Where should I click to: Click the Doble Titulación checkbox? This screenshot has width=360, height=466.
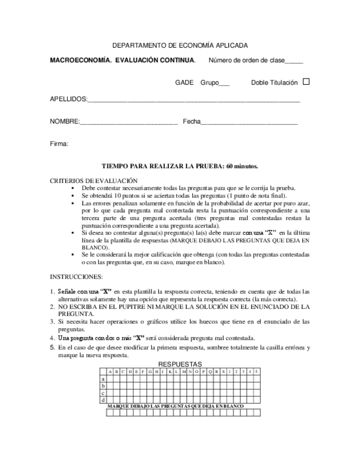pyautogui.click(x=306, y=82)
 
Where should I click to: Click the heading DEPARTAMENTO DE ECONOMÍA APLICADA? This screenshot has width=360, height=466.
pyautogui.click(x=180, y=46)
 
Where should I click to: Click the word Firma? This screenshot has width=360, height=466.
pyautogui.click(x=59, y=143)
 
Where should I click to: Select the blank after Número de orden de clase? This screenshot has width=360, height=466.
pyautogui.click(x=293, y=62)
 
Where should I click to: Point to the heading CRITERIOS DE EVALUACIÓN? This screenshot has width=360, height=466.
pyautogui.click(x=93, y=180)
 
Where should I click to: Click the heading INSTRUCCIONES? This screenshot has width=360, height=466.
pyautogui.click(x=76, y=276)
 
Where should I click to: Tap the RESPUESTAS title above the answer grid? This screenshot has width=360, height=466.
pyautogui.click(x=180, y=364)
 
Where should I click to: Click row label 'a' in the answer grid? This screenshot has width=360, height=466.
pyautogui.click(x=103, y=379)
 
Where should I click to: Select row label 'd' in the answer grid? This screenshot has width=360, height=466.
pyautogui.click(x=103, y=400)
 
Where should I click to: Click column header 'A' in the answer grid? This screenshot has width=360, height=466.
pyautogui.click(x=110, y=372)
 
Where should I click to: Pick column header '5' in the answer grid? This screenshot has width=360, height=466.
pyautogui.click(x=256, y=372)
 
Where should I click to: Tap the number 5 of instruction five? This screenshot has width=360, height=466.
pyautogui.click(x=52, y=348)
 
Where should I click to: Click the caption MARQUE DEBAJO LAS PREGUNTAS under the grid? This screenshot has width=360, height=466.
pyautogui.click(x=175, y=406)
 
